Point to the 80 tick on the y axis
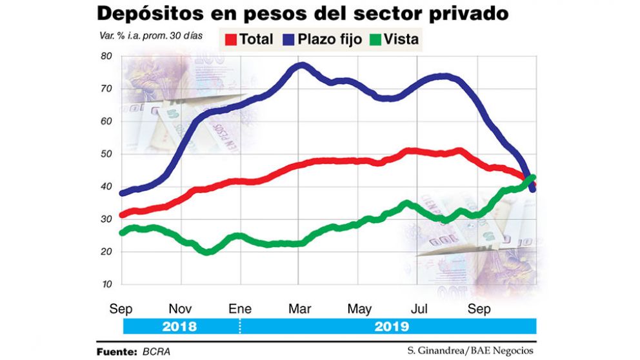coord(106,56)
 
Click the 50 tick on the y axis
coord(106,154)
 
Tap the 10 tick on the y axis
coord(106,285)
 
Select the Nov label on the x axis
coord(181,309)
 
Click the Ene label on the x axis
coord(239,309)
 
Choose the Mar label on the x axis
coord(298,309)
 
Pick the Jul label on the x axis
coord(419,309)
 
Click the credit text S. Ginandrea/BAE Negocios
coord(470,350)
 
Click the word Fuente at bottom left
coord(114,350)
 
